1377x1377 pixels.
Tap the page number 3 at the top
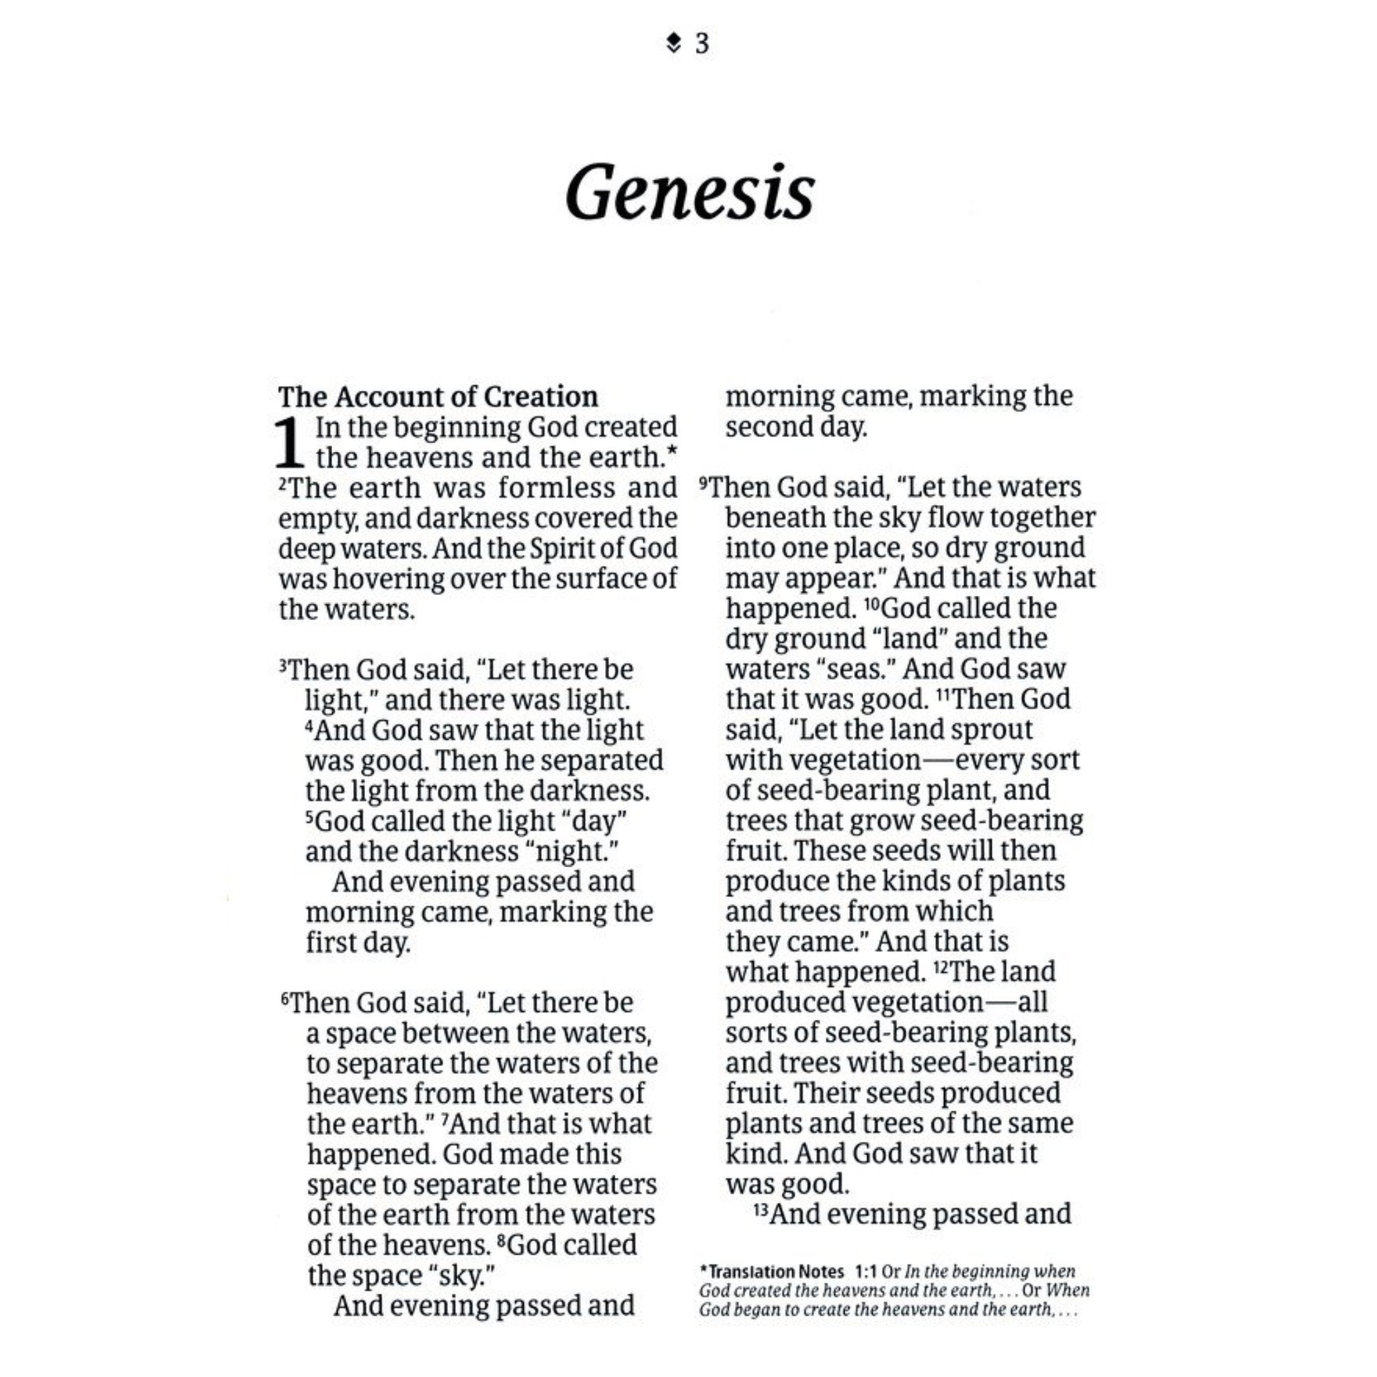(x=702, y=44)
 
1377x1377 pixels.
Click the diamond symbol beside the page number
(x=672, y=44)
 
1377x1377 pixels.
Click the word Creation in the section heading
(x=541, y=397)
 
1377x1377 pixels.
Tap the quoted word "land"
(x=909, y=639)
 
